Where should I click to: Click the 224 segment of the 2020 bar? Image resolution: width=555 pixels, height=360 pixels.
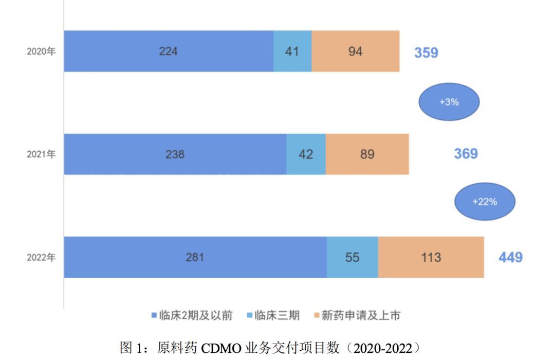tap(169, 51)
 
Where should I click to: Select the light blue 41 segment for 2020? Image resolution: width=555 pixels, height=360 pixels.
tap(292, 51)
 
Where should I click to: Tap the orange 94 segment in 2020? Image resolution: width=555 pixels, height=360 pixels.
tap(355, 51)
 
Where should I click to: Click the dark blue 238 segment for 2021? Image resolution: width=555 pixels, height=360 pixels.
tap(175, 154)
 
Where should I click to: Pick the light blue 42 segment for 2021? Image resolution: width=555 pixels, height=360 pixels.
tap(306, 154)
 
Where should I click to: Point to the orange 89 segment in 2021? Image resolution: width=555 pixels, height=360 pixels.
tap(367, 154)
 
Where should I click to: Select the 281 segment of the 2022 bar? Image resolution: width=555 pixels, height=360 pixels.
tap(195, 257)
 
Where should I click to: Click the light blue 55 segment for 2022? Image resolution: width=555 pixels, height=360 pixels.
tap(353, 257)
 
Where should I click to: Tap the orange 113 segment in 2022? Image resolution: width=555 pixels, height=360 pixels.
tap(431, 257)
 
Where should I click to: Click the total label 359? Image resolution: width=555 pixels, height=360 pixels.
tap(426, 52)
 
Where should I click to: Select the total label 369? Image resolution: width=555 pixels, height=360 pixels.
tap(466, 154)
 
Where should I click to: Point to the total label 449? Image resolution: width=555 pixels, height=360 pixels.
tap(510, 257)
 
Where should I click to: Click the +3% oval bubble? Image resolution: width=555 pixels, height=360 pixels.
tap(449, 102)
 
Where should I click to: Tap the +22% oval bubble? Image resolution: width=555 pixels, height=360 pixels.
tap(485, 202)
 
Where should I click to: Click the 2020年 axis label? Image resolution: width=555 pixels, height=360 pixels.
tap(41, 52)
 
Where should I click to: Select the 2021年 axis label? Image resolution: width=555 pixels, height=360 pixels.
tap(41, 154)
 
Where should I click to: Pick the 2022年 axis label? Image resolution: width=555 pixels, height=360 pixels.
tap(41, 258)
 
